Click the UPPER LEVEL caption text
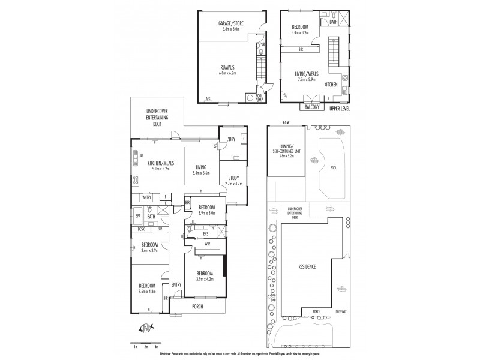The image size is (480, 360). pyautogui.click(x=340, y=109)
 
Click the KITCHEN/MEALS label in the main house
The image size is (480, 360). pyautogui.click(x=160, y=163)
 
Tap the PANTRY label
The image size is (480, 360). pyautogui.click(x=146, y=197)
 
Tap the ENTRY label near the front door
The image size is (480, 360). pyautogui.click(x=176, y=284)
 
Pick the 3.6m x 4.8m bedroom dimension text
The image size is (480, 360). pyautogui.click(x=148, y=292)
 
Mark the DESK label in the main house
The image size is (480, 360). pyautogui.click(x=141, y=229)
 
